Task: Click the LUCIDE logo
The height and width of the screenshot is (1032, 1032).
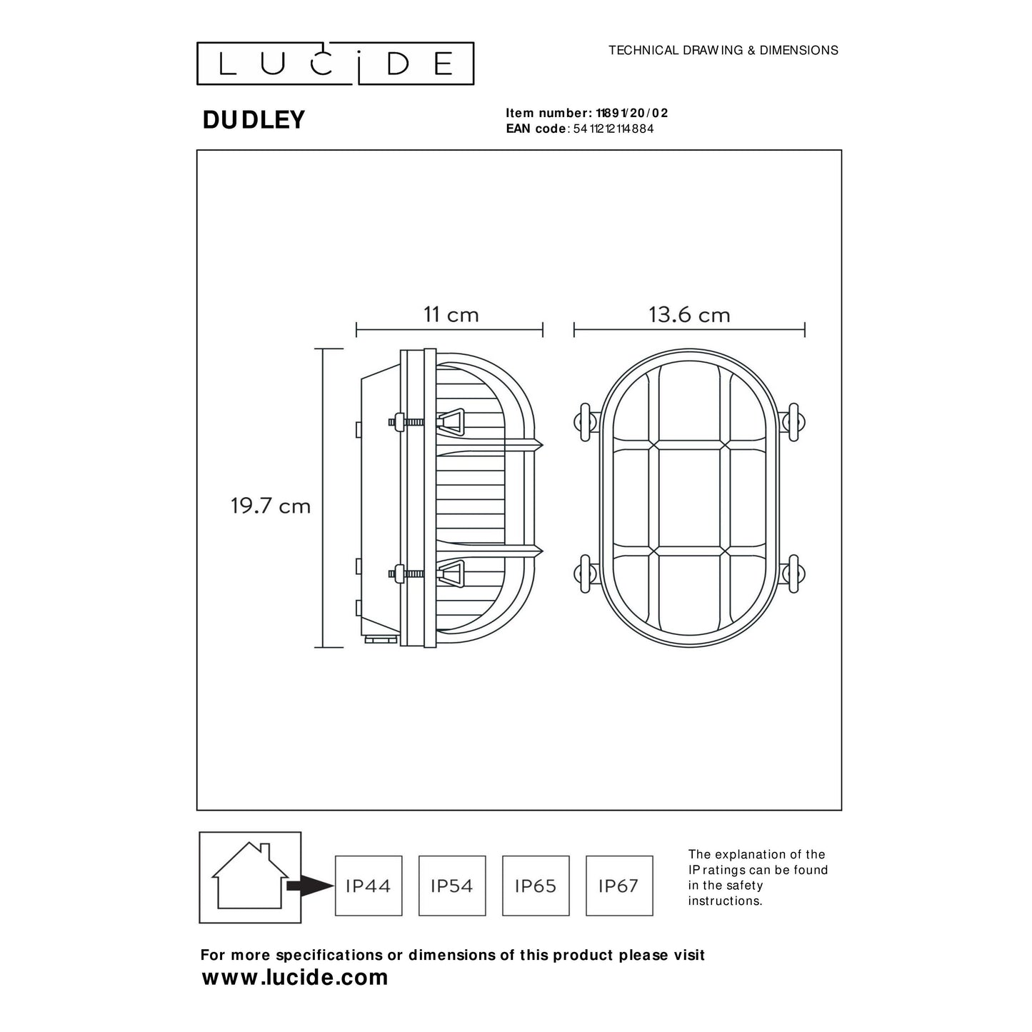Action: [335, 64]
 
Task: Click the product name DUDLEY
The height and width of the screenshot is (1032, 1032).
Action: [254, 120]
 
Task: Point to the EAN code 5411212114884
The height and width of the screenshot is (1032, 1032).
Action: [613, 129]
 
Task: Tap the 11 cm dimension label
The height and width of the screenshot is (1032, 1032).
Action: [451, 315]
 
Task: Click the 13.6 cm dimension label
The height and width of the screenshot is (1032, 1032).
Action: [689, 315]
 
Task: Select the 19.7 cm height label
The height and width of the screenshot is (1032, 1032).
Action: [271, 506]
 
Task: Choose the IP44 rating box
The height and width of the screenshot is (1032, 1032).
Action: [369, 886]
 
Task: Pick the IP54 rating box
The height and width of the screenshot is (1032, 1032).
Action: [452, 886]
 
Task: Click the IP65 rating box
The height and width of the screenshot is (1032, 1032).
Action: [536, 886]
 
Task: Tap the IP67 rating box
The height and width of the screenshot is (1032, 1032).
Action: [619, 886]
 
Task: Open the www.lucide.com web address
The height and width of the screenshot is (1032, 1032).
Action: [295, 977]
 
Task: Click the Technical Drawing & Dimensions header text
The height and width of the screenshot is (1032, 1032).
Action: [723, 50]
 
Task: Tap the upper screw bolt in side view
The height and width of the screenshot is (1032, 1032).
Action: [406, 421]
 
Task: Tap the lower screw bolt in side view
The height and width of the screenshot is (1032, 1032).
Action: [406, 572]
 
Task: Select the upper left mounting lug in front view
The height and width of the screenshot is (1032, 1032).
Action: [584, 421]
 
